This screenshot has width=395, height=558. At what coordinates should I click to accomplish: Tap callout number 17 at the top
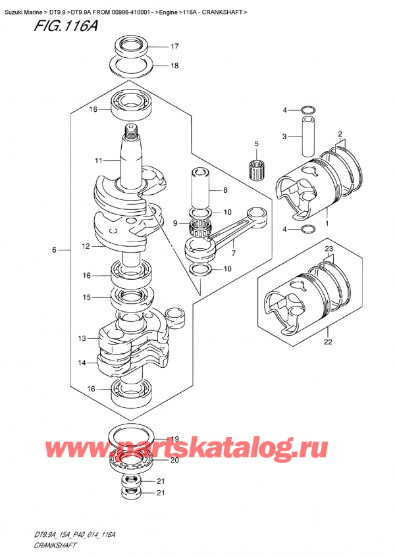(174, 47)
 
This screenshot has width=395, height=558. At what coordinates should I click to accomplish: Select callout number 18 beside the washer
(174, 65)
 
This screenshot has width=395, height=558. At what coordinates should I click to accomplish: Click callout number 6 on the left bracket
(55, 250)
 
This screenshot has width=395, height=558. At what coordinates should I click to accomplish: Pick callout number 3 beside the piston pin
(284, 136)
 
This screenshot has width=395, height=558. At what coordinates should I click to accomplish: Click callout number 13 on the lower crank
(82, 339)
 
